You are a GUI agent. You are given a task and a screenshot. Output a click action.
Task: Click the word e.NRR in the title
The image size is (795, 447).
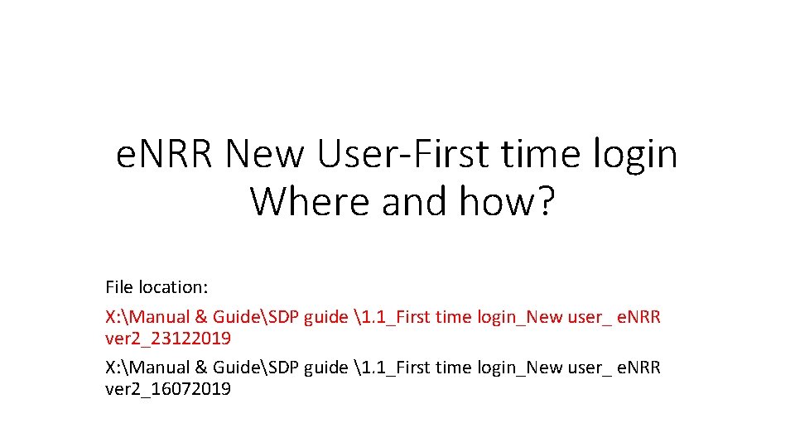tap(165, 154)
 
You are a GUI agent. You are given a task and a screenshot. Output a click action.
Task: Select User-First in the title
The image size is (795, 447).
tap(408, 154)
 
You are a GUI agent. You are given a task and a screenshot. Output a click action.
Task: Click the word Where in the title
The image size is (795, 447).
tap(310, 201)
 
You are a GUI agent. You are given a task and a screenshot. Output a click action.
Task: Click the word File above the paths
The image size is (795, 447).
tap(119, 287)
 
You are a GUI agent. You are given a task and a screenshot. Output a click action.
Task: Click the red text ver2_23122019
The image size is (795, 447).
tap(168, 339)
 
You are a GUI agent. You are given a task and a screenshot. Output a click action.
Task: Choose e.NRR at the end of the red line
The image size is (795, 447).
tap(638, 317)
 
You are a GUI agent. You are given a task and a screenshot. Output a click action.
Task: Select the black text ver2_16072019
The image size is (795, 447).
tap(168, 389)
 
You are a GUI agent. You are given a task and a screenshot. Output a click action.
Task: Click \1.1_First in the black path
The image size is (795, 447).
tap(390, 368)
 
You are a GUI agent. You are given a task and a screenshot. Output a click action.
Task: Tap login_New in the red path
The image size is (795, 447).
tap(515, 317)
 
